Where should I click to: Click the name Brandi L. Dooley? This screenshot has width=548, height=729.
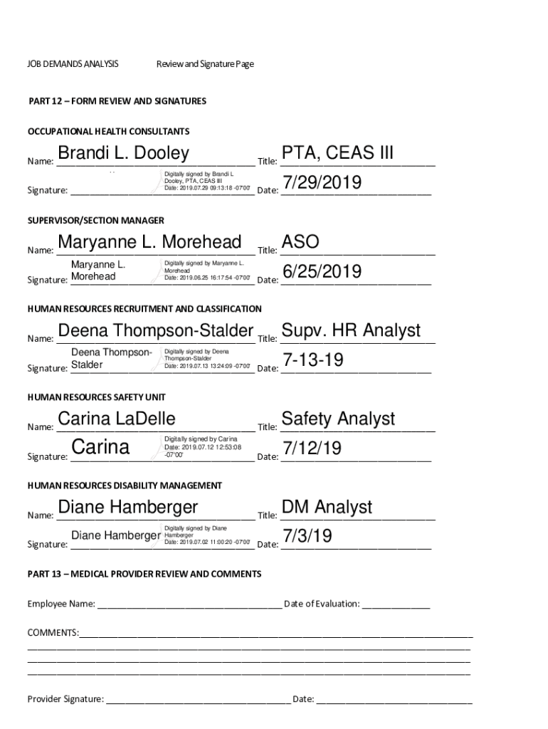coord(123,154)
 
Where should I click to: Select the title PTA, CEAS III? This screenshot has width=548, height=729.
coord(337,154)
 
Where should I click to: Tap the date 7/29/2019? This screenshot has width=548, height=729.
coord(322,184)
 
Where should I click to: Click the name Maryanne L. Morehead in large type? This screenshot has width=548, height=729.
coord(149,242)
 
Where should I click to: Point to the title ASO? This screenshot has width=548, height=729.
coord(300,242)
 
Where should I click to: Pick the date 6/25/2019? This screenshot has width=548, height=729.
coord(322,272)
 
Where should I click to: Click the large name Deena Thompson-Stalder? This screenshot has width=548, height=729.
coord(155,330)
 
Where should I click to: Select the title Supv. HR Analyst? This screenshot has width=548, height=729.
coord(351,330)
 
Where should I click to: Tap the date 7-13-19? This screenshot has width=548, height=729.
coord(313,360)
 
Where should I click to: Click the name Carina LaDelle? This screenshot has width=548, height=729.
coord(116,419)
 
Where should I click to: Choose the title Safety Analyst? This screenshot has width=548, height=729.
coord(338,419)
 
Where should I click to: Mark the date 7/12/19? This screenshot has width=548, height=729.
coord(312,449)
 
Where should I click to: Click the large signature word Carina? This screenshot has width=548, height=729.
coord(101,448)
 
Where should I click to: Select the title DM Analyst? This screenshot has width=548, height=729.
coord(327,507)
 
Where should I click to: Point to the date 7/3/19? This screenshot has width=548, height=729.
coord(307,536)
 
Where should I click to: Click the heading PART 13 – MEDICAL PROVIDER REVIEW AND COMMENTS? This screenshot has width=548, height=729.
coord(144,574)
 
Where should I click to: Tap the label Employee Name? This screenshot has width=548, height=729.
coord(61,604)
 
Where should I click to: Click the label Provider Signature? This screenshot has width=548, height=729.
coord(65,699)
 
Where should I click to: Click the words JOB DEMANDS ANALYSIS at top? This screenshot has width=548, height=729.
coord(73,64)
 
